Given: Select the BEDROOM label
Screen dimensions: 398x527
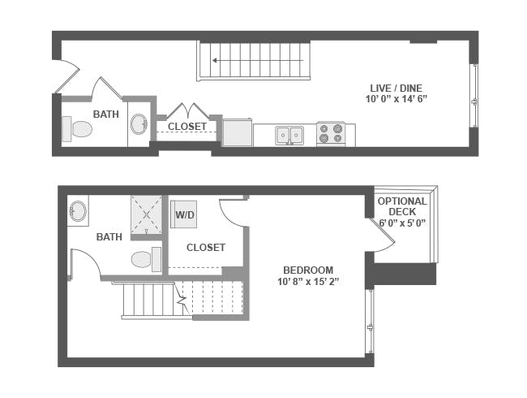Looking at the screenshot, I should (307, 270).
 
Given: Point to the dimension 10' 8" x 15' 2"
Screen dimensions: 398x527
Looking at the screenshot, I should (307, 283).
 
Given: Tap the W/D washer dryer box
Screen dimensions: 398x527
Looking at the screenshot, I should (183, 215).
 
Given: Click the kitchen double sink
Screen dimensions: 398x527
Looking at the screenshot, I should (289, 135).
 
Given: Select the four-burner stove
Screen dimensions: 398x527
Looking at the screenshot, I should (330, 134).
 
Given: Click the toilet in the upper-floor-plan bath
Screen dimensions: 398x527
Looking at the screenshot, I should (79, 128).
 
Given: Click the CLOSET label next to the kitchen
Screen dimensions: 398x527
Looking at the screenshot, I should (186, 127).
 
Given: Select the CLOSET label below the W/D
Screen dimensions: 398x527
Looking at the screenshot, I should (205, 247).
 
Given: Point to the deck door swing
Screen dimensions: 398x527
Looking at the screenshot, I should (382, 232).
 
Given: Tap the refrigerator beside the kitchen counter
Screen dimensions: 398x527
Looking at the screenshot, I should (237, 133).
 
